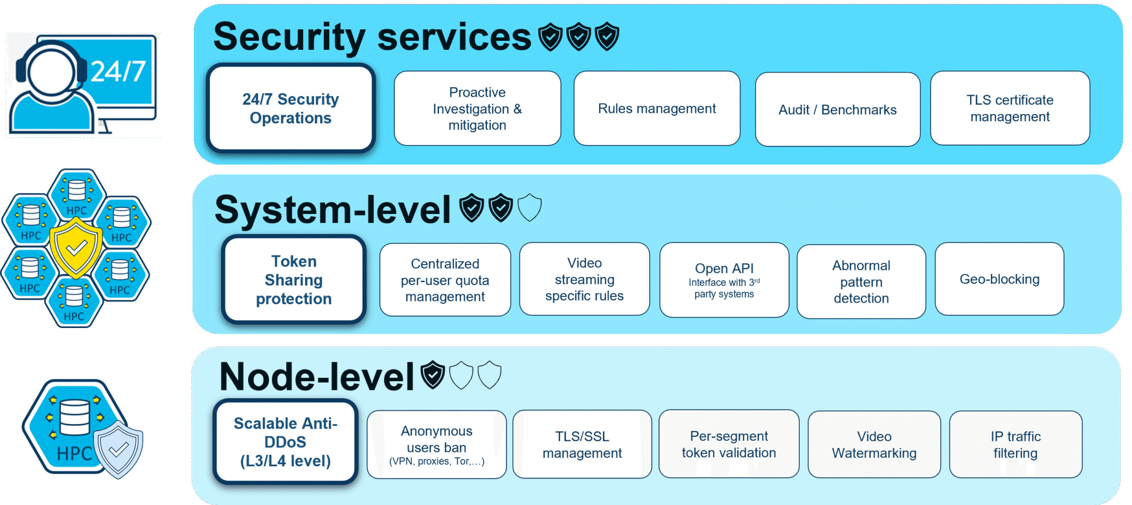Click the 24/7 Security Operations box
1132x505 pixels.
click(x=291, y=108)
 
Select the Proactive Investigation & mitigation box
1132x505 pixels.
click(x=478, y=108)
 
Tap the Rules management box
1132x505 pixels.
click(x=657, y=108)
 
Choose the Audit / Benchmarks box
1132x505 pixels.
click(x=838, y=110)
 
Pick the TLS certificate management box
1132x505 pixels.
click(x=1010, y=108)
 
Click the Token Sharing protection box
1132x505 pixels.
click(x=294, y=279)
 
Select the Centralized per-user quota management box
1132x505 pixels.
click(x=446, y=280)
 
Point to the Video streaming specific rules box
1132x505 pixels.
click(x=585, y=279)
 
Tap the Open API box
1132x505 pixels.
click(x=725, y=280)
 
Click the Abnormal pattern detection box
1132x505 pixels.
click(x=862, y=282)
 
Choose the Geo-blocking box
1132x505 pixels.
click(x=1000, y=279)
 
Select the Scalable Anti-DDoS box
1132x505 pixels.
click(x=286, y=442)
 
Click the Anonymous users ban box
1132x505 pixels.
click(x=437, y=445)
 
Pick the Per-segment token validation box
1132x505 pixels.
click(x=729, y=444)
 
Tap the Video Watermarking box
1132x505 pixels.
click(x=874, y=445)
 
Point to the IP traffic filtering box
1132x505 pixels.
click(x=1016, y=445)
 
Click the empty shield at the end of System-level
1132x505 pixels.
click(x=530, y=207)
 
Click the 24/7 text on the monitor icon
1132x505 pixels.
click(x=118, y=71)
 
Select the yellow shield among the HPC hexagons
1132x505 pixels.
click(x=76, y=247)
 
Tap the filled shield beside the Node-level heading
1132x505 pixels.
click(x=433, y=374)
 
